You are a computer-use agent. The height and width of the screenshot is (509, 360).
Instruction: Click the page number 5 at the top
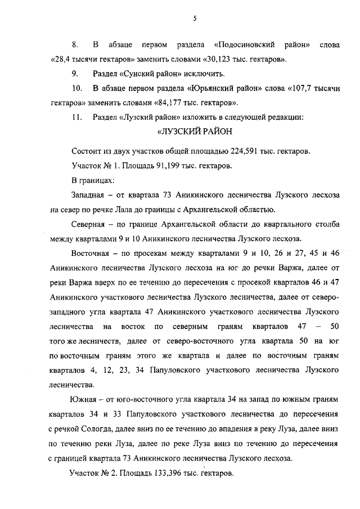point(193,18)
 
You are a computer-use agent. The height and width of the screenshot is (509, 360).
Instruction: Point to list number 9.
point(74,74)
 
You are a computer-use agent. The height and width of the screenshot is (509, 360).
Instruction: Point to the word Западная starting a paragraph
point(91,196)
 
